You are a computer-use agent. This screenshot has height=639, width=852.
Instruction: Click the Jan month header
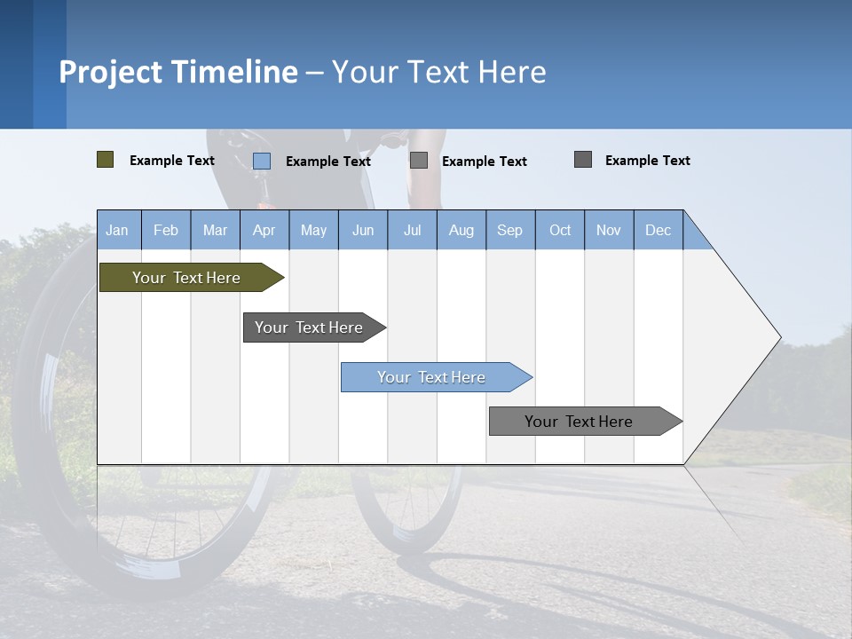(117, 230)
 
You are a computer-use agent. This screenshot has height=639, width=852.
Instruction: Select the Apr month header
(264, 230)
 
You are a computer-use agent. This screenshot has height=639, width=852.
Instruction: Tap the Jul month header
(412, 230)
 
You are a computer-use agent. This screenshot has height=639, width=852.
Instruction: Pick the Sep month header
(509, 230)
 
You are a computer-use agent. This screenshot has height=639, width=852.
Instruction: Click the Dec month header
(658, 230)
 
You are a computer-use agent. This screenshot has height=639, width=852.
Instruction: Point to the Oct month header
(560, 230)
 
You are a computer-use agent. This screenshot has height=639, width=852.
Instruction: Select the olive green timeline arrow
(186, 278)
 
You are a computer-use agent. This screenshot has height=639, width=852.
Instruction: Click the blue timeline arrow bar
(431, 377)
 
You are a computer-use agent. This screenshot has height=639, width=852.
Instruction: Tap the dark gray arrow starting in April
(309, 327)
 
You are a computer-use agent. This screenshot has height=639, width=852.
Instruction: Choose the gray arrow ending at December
(579, 422)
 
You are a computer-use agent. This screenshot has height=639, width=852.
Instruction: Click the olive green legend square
(105, 160)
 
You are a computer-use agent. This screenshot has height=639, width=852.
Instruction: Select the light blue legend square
(262, 161)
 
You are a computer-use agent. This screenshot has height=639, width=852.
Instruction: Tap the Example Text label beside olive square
(172, 161)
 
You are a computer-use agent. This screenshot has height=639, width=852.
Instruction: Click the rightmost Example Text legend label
(647, 161)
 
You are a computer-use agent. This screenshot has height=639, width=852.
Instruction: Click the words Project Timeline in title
(178, 72)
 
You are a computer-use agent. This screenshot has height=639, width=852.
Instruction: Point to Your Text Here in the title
(438, 72)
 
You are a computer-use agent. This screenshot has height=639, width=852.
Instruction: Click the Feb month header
(166, 230)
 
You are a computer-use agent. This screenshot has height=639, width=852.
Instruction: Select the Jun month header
(363, 230)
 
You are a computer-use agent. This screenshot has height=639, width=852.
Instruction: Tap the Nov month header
(609, 230)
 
